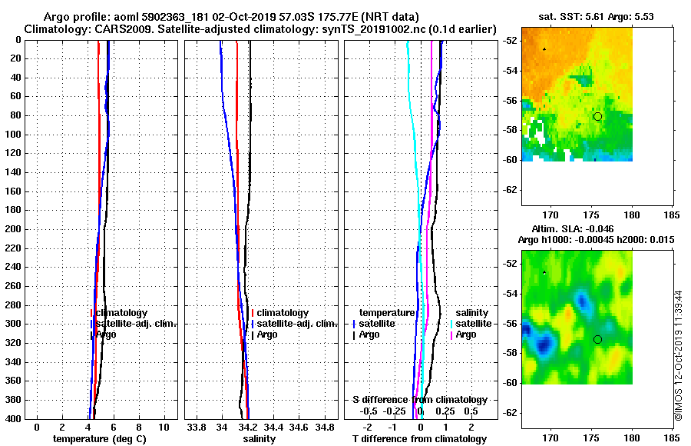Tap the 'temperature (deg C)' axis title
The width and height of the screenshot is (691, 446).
(x=99, y=439)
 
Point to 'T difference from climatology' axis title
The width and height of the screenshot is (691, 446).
(x=419, y=439)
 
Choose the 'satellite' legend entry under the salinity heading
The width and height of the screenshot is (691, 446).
(x=477, y=324)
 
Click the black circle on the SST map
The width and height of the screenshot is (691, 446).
(x=598, y=116)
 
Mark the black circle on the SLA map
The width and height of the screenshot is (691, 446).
(x=598, y=339)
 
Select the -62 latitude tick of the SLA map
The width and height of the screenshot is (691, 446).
(x=508, y=413)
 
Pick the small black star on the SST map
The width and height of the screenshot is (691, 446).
(x=544, y=49)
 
